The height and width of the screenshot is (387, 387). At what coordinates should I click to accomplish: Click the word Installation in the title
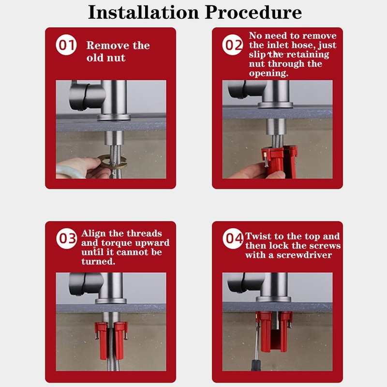[x=143, y=12]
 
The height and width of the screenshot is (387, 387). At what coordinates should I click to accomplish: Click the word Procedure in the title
[x=253, y=12]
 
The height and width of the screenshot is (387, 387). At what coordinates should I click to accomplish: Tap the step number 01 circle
[x=66, y=45]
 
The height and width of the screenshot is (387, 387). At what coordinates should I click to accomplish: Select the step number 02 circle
[x=233, y=45]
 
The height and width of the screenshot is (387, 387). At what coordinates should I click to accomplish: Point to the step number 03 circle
[x=67, y=238]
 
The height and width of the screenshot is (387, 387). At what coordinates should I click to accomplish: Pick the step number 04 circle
[x=233, y=238]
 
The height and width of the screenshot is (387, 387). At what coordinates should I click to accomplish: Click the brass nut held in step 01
[x=112, y=162]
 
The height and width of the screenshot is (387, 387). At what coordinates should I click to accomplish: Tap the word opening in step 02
[x=268, y=74]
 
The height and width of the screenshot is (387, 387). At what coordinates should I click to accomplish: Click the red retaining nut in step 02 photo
[x=279, y=161]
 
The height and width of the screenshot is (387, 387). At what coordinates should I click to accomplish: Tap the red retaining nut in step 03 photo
[x=111, y=340]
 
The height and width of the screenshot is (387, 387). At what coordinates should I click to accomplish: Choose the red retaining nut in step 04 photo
[x=274, y=331]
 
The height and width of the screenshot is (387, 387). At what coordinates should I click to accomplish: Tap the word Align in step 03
[x=93, y=234]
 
